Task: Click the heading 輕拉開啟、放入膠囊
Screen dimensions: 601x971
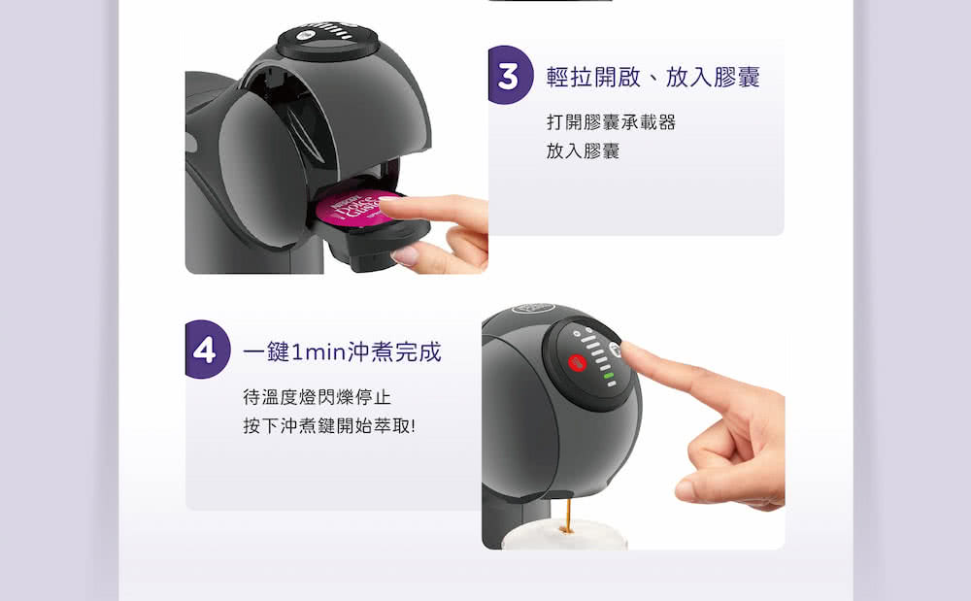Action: pos(653,78)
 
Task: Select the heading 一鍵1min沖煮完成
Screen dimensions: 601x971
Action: pos(342,351)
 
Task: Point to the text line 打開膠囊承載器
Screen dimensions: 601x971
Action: pos(611,122)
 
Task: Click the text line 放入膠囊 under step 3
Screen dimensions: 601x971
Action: pos(583,151)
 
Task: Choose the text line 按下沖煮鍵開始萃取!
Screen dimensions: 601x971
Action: pos(328,426)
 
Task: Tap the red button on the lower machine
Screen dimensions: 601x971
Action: pos(574,364)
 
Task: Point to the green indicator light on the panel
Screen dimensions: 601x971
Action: pos(608,375)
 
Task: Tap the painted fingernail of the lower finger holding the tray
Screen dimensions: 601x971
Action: pos(405,255)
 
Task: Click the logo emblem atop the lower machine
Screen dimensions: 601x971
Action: pos(533,310)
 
